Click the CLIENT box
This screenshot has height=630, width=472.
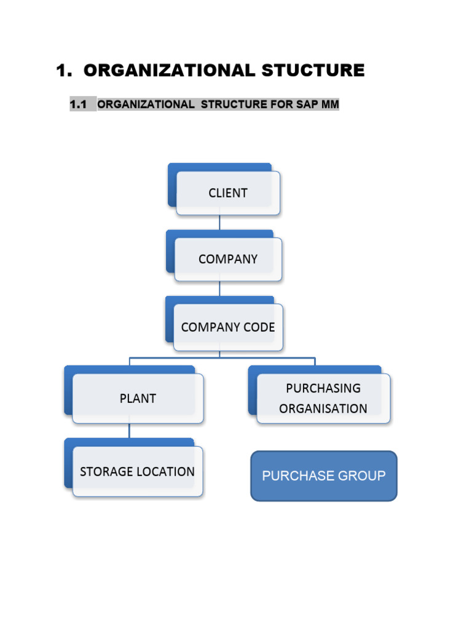(x=228, y=193)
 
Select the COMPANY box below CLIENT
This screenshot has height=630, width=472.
(x=228, y=260)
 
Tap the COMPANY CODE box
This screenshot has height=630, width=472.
(x=228, y=327)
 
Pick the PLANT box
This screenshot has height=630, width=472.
(x=138, y=399)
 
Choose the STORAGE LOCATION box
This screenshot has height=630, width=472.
(x=137, y=472)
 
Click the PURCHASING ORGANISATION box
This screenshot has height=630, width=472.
(x=323, y=399)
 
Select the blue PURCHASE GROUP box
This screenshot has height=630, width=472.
(x=324, y=476)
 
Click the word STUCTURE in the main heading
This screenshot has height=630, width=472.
(x=313, y=71)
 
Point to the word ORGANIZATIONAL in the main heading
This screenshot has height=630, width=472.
(x=169, y=71)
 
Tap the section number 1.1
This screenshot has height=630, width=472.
(x=78, y=105)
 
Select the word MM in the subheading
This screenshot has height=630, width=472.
(x=329, y=105)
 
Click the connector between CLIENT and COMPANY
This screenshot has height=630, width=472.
(x=219, y=223)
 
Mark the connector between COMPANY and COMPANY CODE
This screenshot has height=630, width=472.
(x=219, y=289)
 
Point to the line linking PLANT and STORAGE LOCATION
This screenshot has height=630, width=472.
(x=129, y=431)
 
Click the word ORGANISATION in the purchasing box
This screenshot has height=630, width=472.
(x=323, y=409)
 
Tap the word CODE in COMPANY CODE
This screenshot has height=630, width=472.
(x=259, y=327)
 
